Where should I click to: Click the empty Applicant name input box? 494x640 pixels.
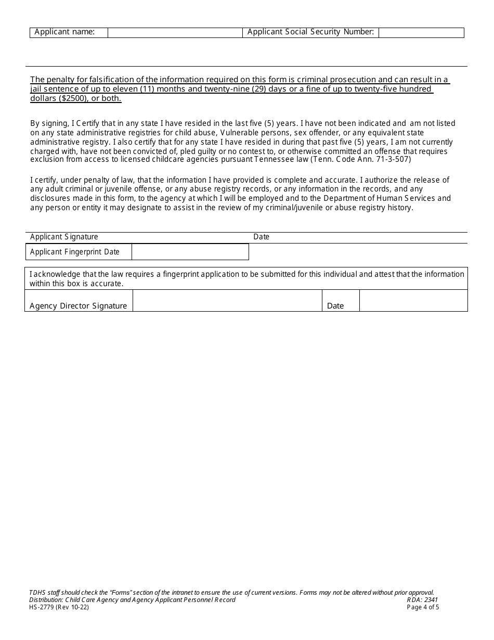175,32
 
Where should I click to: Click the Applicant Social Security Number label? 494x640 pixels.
310,32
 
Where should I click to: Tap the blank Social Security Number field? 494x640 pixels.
421,32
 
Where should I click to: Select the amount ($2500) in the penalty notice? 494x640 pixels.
74,98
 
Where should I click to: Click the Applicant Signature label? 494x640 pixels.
64,237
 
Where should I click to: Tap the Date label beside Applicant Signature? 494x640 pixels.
261,237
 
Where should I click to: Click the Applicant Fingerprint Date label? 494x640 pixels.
75,252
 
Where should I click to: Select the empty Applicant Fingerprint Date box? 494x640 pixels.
190,252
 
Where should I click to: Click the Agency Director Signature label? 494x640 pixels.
78,306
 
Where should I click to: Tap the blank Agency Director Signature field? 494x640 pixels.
227,301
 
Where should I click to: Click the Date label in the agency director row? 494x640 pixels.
335,306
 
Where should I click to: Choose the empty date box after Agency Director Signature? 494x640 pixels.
413,301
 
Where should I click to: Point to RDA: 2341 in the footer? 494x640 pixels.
422,600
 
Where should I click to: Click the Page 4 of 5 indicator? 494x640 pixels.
423,607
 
